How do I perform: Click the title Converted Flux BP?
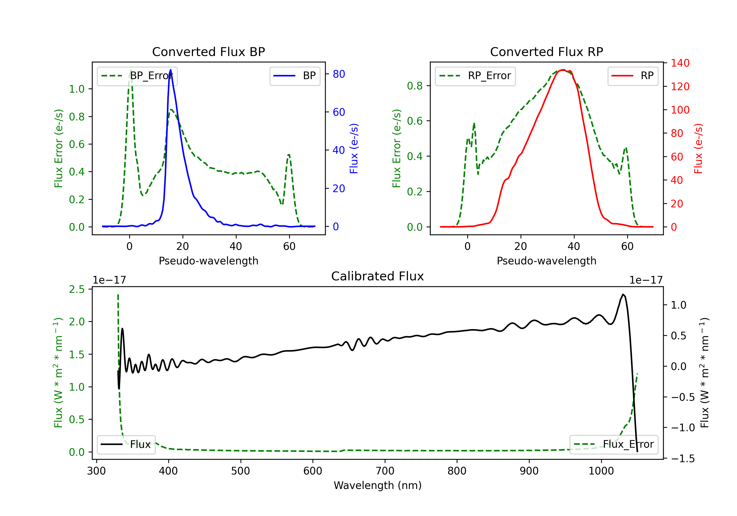208,52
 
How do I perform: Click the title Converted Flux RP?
546,52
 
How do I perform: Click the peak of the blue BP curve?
170,70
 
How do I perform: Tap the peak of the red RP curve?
563,70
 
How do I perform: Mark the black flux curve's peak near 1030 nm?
623,294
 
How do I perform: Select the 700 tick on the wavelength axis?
385,471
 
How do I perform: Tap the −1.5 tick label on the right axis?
682,459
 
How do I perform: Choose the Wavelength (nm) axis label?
378,485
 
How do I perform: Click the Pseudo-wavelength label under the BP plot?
208,261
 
